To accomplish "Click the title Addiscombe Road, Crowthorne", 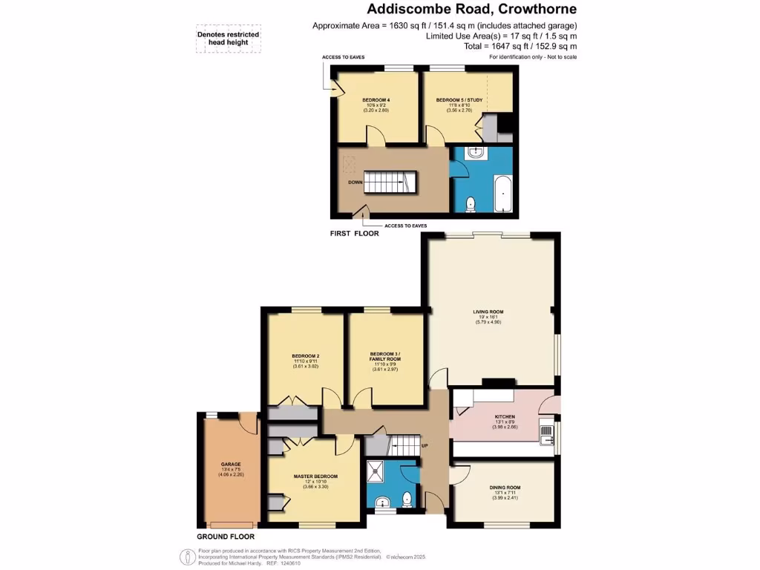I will pos(472,10).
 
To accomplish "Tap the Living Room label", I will pos(488,312).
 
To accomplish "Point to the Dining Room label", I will pos(508,488).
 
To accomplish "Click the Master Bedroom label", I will pos(315,476).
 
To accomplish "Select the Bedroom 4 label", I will pos(376,100).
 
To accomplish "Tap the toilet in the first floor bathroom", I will pos(470,203).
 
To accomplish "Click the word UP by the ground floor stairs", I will pos(425,446).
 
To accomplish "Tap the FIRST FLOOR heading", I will pos(354,233).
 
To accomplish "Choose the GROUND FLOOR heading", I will pos(225,536).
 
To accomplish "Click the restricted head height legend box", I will pos(223,39).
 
